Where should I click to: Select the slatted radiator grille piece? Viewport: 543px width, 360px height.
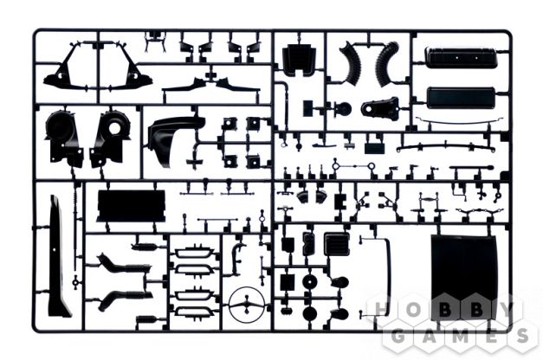click(x=337, y=243)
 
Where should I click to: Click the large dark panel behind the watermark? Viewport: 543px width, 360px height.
click(x=464, y=277)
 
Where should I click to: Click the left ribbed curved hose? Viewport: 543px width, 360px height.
click(x=350, y=63)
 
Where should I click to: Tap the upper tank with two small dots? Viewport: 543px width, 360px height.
click(x=461, y=57)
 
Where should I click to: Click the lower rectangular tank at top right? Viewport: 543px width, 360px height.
click(x=461, y=98)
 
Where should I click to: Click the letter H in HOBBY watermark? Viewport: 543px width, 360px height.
click(x=381, y=309)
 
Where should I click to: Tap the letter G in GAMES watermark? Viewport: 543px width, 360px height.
click(x=399, y=336)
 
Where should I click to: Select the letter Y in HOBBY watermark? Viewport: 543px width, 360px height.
click(x=507, y=309)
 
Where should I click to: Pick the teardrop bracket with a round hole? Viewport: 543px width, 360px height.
click(x=380, y=106)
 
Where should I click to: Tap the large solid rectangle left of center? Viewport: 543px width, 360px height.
click(x=132, y=206)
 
